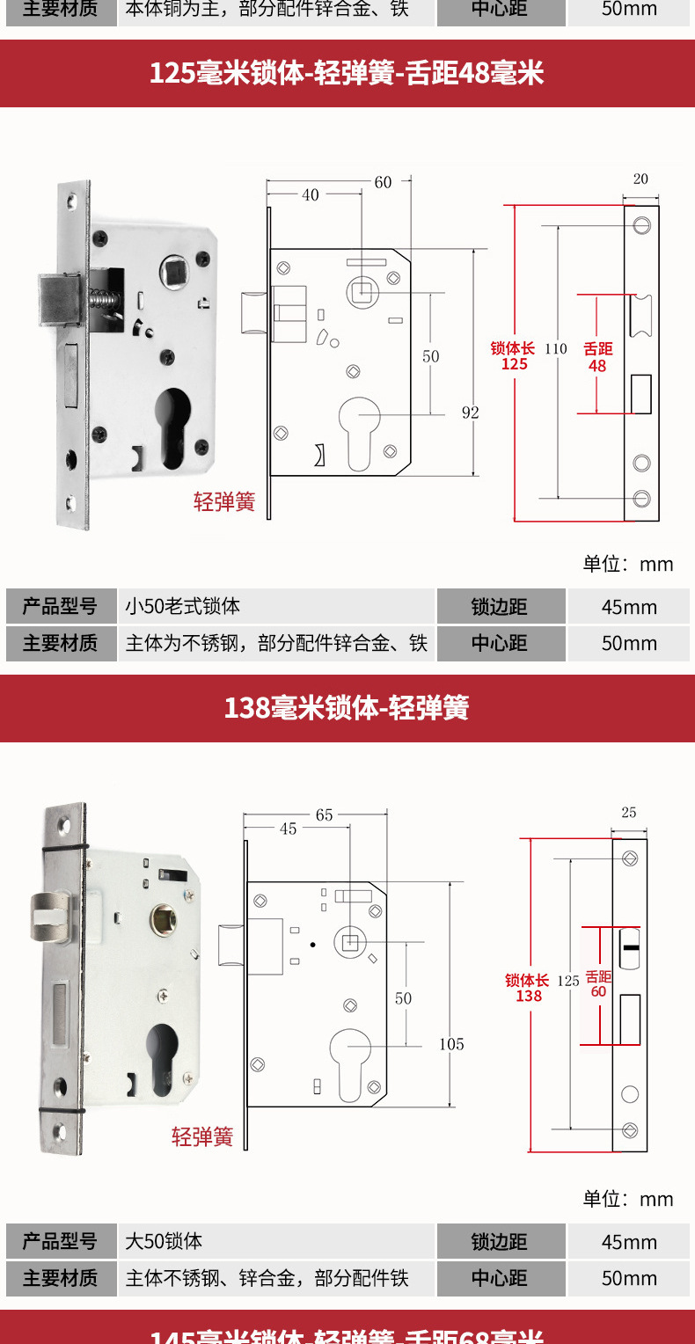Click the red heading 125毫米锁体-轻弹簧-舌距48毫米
(x=347, y=73)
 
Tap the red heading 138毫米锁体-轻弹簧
(x=347, y=708)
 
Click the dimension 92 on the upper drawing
(x=471, y=412)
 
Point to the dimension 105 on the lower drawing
(x=451, y=1044)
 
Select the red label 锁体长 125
(x=514, y=356)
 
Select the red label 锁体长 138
(x=528, y=988)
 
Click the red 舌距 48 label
(x=598, y=357)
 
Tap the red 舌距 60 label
(x=598, y=984)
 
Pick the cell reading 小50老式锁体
(x=183, y=606)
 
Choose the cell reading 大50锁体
(x=165, y=1241)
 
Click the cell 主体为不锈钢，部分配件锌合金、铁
(x=276, y=643)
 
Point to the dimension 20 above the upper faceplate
(x=640, y=179)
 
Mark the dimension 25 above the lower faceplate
(x=628, y=812)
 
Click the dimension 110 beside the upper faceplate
(x=556, y=348)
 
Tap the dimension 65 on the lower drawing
(x=324, y=815)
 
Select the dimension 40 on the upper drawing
(x=311, y=195)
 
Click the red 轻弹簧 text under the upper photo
(x=224, y=502)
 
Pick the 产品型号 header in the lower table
(x=60, y=1241)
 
